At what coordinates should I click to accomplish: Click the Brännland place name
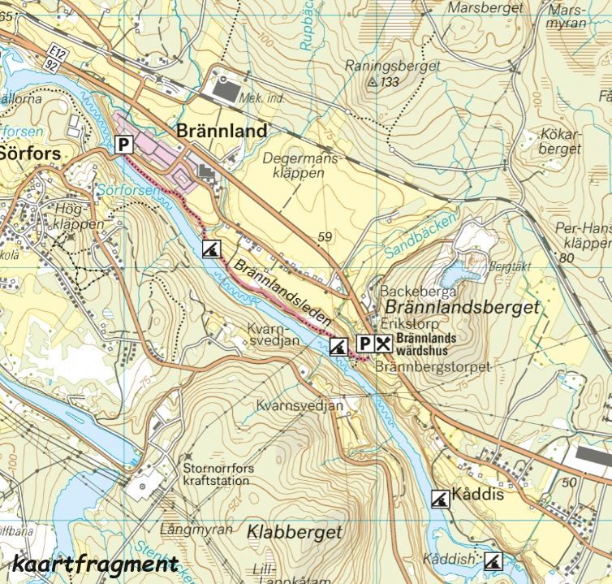(x=222, y=131)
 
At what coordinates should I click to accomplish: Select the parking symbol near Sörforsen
(x=123, y=145)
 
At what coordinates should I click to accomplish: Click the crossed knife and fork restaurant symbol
(x=384, y=344)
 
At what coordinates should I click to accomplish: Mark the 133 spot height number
(x=390, y=82)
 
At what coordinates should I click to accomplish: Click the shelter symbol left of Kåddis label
(x=439, y=496)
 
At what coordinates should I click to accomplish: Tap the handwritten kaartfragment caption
(x=95, y=563)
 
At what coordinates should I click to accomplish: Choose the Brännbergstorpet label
(x=433, y=367)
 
